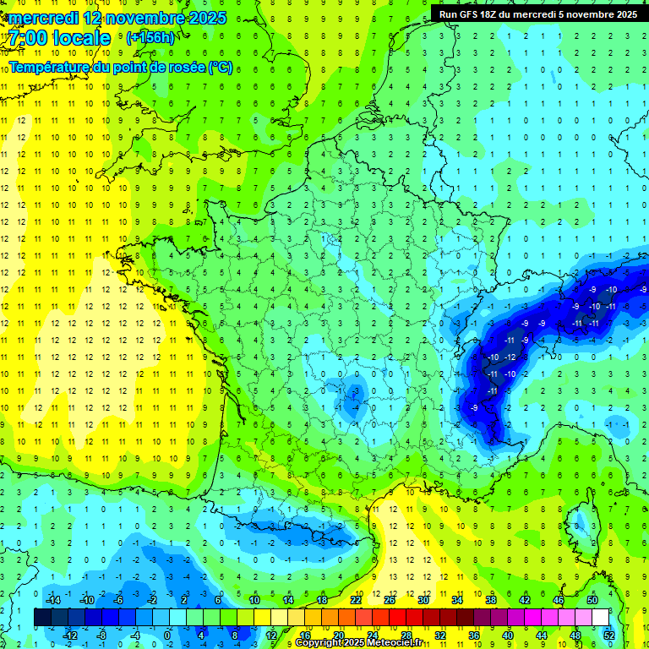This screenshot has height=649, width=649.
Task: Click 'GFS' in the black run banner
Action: point(474,14)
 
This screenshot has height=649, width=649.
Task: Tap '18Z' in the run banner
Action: point(497,14)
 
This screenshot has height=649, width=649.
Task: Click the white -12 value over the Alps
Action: point(510,357)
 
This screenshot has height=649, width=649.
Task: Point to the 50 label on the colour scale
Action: point(592,599)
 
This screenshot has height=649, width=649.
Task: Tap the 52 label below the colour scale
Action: point(609,635)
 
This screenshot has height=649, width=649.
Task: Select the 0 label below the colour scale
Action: point(167,635)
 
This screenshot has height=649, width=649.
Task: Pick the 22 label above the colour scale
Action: point(356,599)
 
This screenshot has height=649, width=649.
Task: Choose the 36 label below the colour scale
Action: point(474,635)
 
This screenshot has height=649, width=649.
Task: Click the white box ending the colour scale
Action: point(600,617)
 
